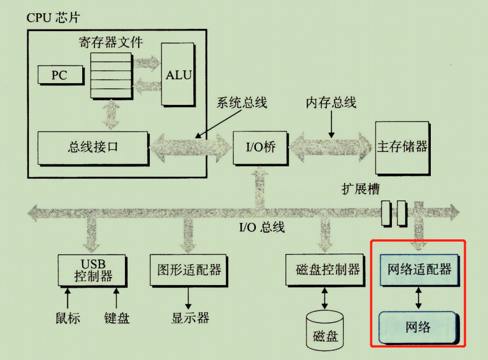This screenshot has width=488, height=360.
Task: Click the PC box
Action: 59,75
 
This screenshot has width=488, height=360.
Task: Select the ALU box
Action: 179,74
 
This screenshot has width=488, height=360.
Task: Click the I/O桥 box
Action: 260,148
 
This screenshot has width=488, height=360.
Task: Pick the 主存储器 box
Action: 403,147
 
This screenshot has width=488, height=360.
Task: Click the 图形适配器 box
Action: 189,270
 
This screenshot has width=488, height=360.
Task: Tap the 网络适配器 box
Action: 419,270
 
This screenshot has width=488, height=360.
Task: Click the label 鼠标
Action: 68,318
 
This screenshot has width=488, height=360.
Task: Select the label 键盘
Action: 117,318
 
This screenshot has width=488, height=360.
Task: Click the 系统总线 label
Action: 242,103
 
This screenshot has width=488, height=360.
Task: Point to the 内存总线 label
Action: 331,103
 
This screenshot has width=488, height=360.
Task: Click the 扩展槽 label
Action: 360,189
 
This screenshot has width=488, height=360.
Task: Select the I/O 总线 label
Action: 261,227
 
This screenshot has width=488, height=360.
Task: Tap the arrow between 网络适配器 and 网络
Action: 419,298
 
